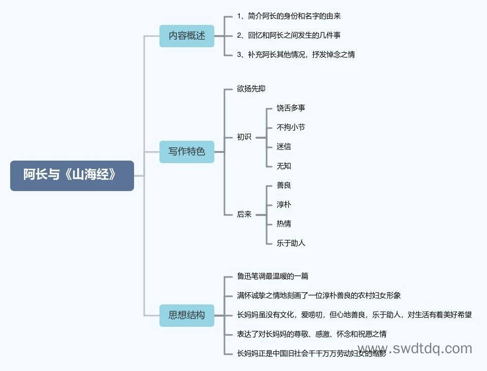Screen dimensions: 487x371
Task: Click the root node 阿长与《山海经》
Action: (x=72, y=175)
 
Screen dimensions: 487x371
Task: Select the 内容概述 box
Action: (x=187, y=36)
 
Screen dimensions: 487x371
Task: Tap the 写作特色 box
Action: (x=187, y=151)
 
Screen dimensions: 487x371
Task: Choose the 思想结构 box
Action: (x=187, y=316)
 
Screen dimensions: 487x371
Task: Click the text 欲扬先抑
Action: (x=251, y=89)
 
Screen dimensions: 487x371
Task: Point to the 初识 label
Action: (x=244, y=137)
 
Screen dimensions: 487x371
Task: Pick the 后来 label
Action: (x=244, y=214)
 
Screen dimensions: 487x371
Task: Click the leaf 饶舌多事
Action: (x=290, y=108)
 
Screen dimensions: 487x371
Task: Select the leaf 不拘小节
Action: (x=290, y=127)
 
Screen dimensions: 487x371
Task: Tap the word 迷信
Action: (x=284, y=146)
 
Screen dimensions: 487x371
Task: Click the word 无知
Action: (x=284, y=166)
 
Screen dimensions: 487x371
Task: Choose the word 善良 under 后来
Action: (x=284, y=185)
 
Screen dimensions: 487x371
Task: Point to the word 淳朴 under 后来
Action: (x=284, y=204)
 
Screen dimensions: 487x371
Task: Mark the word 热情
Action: (x=284, y=224)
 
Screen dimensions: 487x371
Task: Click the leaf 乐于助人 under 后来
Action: (x=290, y=243)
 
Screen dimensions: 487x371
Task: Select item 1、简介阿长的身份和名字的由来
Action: (x=289, y=16)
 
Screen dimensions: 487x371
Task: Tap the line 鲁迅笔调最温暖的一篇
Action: (x=273, y=276)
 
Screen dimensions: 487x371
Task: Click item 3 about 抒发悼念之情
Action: (x=296, y=55)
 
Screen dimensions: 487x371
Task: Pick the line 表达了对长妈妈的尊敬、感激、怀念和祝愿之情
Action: (x=312, y=334)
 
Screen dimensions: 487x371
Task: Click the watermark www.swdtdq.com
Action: (x=415, y=349)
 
